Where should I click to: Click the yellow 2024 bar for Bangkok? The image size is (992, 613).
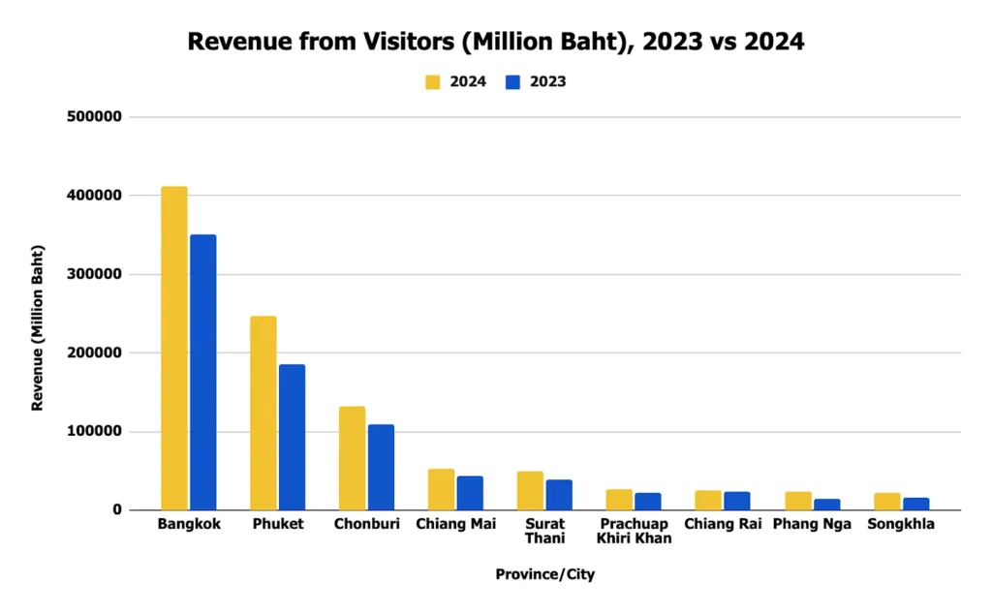(x=174, y=349)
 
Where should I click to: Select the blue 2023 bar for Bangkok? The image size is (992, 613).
(x=203, y=373)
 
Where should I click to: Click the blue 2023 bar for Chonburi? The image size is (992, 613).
(x=381, y=468)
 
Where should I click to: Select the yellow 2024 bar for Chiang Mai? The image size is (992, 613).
(x=441, y=490)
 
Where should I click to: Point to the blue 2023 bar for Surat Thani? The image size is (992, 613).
(x=559, y=495)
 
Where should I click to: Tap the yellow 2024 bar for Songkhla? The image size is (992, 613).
(x=886, y=502)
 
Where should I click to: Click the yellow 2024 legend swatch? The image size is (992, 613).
(x=433, y=82)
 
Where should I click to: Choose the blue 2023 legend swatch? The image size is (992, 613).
(x=513, y=82)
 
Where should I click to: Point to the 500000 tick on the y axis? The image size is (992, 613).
(x=96, y=117)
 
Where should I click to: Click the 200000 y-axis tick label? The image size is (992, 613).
(x=96, y=353)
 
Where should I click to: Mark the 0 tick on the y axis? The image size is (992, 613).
(x=116, y=510)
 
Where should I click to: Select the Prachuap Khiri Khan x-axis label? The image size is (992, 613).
(x=634, y=532)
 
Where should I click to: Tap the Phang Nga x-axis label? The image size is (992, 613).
(x=812, y=525)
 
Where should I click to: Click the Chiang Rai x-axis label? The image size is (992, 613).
(x=722, y=525)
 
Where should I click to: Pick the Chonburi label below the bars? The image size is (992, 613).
(x=366, y=525)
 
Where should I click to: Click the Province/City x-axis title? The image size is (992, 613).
(x=544, y=574)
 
